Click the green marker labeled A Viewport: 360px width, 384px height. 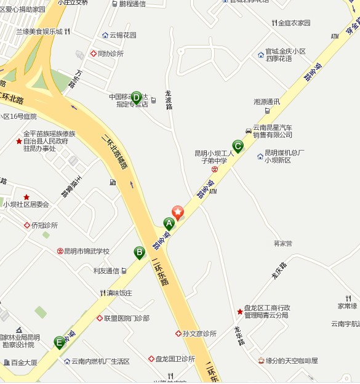coord(169,223)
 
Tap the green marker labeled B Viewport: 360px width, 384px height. coord(140,252)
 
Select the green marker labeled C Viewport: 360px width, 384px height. coord(238,146)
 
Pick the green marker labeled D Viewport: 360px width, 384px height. coord(136,96)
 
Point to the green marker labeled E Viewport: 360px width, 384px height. coord(59,342)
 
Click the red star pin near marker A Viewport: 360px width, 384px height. coord(178,213)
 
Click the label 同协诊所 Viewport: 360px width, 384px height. coord(110,54)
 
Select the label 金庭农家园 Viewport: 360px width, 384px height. coord(294,23)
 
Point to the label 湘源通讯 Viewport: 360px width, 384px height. coord(266,102)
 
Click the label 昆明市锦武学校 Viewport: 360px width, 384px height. coord(87,251)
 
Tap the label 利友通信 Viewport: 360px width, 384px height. coord(106,271)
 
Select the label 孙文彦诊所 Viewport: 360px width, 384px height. coord(199,334)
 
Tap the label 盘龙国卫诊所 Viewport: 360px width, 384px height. coord(175,359)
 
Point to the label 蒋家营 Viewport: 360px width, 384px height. coord(283,244)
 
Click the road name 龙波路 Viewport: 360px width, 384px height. coord(169,100)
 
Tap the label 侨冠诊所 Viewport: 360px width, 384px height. coord(44,225)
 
